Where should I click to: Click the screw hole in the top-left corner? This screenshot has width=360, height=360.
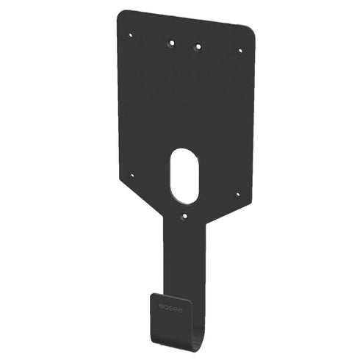tap(131, 34)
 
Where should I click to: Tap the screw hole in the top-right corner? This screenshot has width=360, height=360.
tap(240, 51)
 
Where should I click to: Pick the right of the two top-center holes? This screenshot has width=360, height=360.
tap(197, 47)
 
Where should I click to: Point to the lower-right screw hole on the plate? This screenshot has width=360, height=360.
tap(237, 195)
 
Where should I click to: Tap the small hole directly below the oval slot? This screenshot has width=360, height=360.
tap(184, 217)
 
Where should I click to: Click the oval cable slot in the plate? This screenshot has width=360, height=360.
tap(184, 176)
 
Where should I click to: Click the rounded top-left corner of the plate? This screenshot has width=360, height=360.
tap(123, 15)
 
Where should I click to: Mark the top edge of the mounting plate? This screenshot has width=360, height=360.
tap(187, 21)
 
